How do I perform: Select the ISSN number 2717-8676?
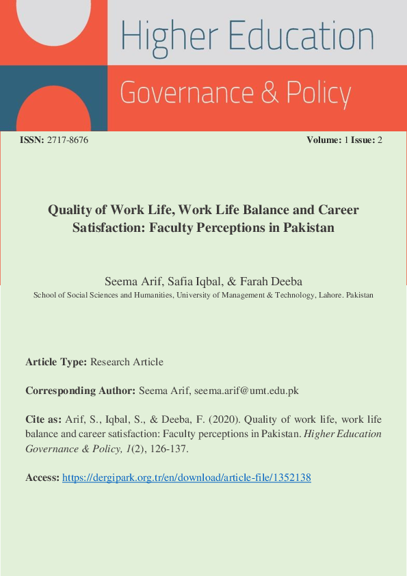pyautogui.click(x=68, y=140)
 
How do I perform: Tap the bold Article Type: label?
pyautogui.click(x=56, y=362)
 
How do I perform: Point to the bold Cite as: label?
pyautogui.click(x=44, y=419)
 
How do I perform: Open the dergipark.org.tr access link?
pyautogui.click(x=187, y=478)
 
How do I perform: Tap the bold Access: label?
pyautogui.click(x=42, y=478)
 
